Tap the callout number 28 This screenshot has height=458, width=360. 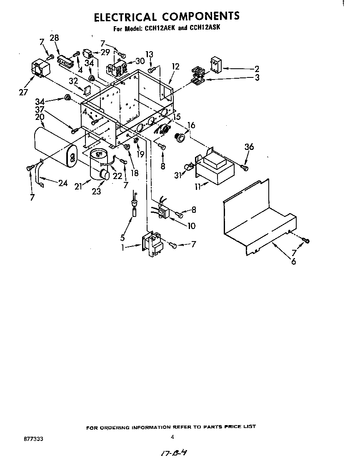[x=54, y=37]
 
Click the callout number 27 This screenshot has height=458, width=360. [x=23, y=92]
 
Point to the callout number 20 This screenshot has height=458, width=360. [x=40, y=117]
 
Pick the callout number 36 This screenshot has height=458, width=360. [x=249, y=147]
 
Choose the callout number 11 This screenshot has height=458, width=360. [x=198, y=187]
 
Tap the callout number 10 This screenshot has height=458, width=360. [x=191, y=226]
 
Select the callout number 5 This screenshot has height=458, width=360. [x=123, y=237]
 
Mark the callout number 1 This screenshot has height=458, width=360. [x=123, y=247]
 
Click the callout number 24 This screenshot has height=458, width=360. [x=63, y=183]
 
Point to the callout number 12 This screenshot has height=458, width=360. [x=175, y=67]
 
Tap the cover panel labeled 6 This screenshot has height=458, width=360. [x=259, y=219]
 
